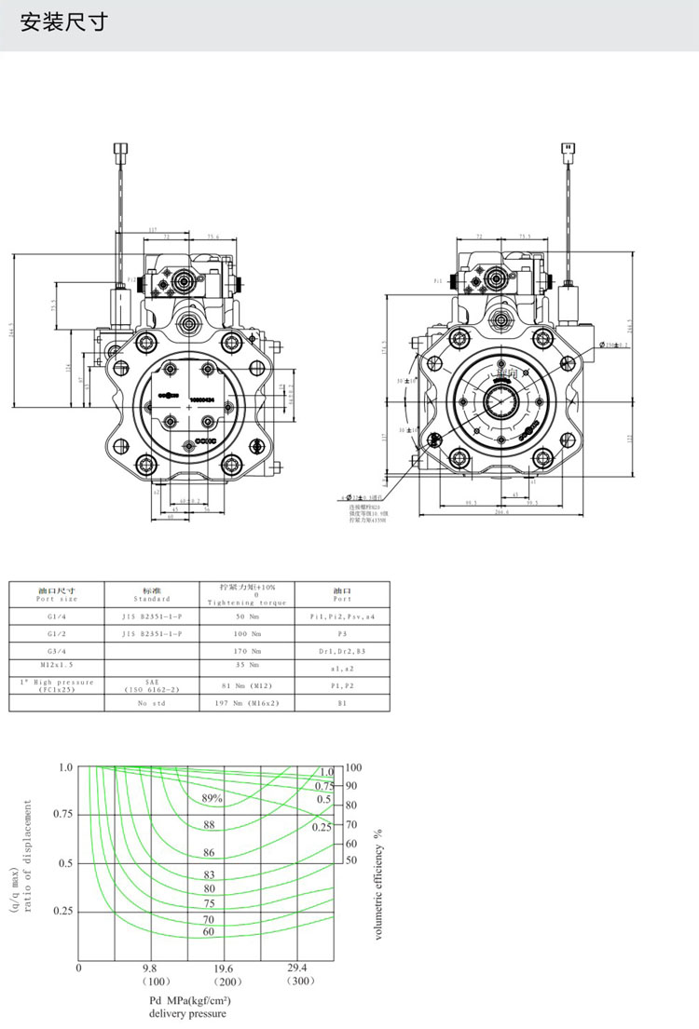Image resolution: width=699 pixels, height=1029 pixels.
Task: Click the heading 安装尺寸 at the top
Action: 64,22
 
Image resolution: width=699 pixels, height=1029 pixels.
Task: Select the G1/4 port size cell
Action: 57,616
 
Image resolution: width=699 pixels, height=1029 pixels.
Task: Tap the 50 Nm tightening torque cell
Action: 248,616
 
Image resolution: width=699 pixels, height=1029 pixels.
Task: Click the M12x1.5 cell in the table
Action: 57,666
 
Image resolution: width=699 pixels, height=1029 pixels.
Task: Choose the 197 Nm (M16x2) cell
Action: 248,703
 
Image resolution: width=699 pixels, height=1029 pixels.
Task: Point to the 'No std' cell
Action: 153,703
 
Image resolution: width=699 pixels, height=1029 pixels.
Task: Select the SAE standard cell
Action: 153,685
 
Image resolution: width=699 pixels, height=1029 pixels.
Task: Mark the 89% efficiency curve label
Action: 212,798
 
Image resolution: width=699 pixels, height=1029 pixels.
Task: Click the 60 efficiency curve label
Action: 209,931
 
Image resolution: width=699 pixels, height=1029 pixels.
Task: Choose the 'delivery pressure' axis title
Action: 187,1013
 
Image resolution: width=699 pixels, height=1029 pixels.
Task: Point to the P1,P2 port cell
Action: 341,685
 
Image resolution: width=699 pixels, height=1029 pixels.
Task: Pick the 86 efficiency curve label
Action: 209,853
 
